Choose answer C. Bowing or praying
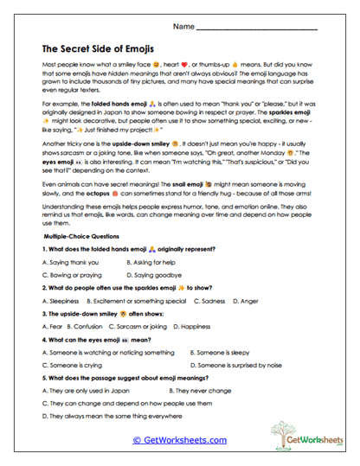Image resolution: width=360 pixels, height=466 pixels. [72, 272]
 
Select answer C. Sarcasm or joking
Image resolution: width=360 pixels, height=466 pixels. [144, 327]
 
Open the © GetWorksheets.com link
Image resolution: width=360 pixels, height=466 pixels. [179, 439]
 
